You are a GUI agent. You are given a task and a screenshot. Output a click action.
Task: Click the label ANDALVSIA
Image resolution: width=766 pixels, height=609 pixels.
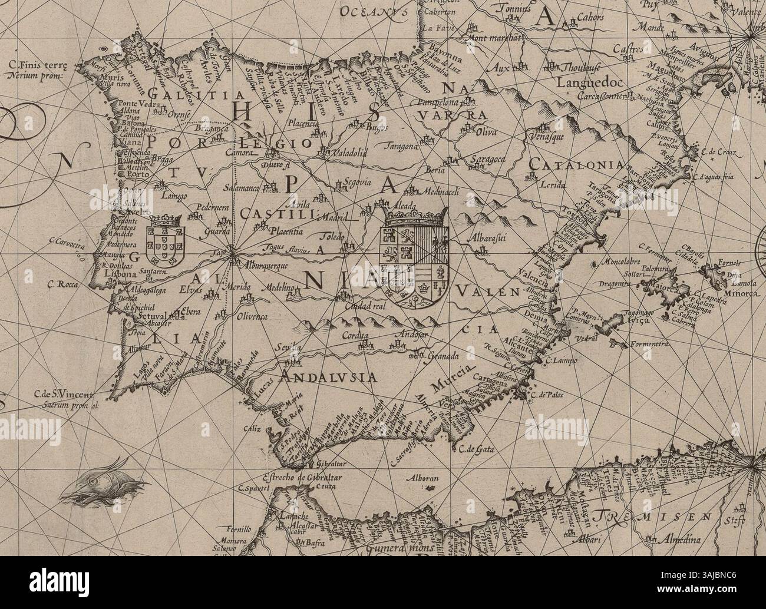329,378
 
